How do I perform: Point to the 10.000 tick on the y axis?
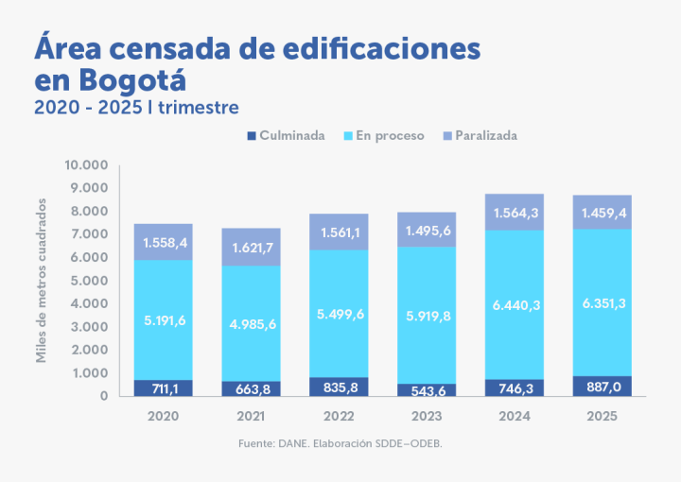point(86,165)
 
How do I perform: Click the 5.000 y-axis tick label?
point(90,281)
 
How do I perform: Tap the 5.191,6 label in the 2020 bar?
point(163,320)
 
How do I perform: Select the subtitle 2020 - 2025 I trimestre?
point(136,107)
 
